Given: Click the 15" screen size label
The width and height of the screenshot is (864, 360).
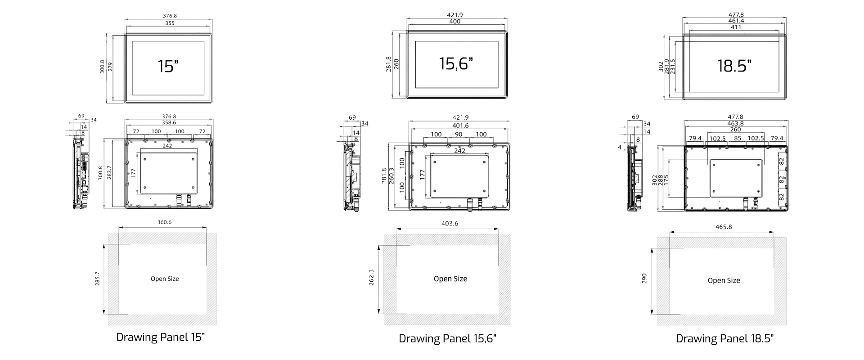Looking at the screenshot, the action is tap(168, 66).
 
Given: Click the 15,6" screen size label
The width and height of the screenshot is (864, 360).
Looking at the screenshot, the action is tap(456, 63).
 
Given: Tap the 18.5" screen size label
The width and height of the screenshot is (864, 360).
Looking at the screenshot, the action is tap(734, 66).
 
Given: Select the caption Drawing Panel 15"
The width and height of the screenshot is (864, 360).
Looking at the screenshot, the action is tap(161, 337).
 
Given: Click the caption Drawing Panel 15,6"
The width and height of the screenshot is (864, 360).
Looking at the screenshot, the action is tap(447, 338).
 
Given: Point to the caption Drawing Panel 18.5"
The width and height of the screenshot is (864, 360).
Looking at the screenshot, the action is tap(725, 338).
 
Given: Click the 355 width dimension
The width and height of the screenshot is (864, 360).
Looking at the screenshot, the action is tap(170, 22).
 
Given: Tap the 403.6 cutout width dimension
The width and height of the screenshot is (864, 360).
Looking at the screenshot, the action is tap(450, 224).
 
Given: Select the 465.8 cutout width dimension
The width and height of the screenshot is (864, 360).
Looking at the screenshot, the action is tap(724, 227).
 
